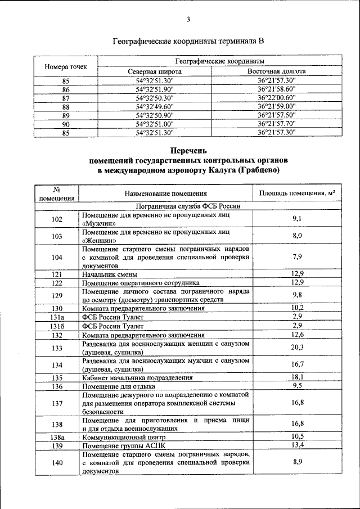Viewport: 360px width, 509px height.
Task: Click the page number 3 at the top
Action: [188, 20]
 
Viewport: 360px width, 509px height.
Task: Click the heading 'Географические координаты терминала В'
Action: [188, 41]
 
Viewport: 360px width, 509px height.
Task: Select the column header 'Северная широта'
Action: [155, 72]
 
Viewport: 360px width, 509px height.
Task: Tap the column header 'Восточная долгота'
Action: [277, 72]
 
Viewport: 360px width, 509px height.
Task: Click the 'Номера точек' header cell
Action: [66, 67]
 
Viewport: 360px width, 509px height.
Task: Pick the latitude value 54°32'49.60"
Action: [155, 106]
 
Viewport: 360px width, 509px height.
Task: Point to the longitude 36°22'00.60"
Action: [277, 98]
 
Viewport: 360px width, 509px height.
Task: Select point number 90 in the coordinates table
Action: [66, 124]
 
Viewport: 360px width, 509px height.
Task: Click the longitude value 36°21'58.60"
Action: [277, 89]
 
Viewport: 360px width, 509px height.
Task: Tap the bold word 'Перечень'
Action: [188, 150]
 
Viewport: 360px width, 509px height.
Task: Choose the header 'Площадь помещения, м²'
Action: [298, 193]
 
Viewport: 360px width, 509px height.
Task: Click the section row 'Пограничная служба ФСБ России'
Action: [188, 206]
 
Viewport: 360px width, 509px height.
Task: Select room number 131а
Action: [57, 317]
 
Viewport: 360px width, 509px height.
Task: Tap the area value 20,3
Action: [298, 347]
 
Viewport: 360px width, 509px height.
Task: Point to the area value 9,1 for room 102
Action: [298, 219]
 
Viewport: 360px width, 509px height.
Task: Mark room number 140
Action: [57, 462]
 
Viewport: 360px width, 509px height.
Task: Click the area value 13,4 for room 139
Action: [298, 445]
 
